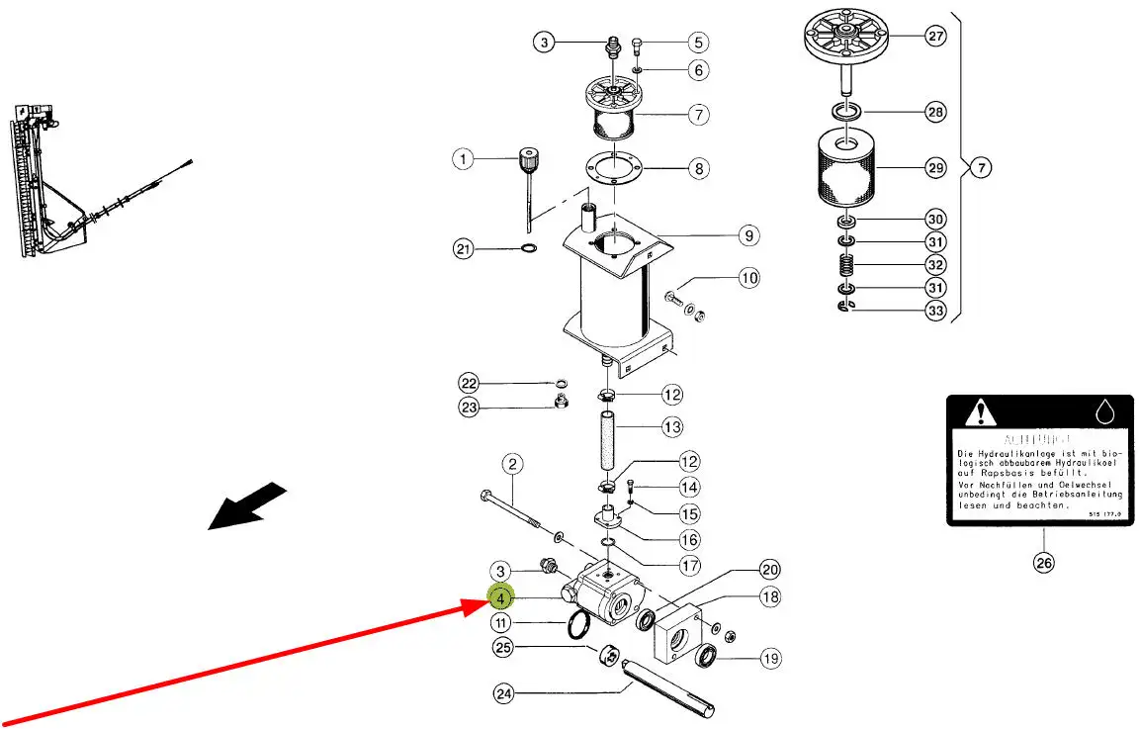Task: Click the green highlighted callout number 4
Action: coord(501,597)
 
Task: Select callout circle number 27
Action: coord(935,37)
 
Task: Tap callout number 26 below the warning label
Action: coord(1044,563)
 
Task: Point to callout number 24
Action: coord(504,693)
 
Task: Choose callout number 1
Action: coord(465,158)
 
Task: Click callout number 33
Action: coord(935,311)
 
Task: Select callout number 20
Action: coord(770,570)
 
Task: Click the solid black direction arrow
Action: coord(247,505)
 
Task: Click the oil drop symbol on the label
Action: coord(1104,410)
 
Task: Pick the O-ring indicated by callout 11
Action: coord(577,624)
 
